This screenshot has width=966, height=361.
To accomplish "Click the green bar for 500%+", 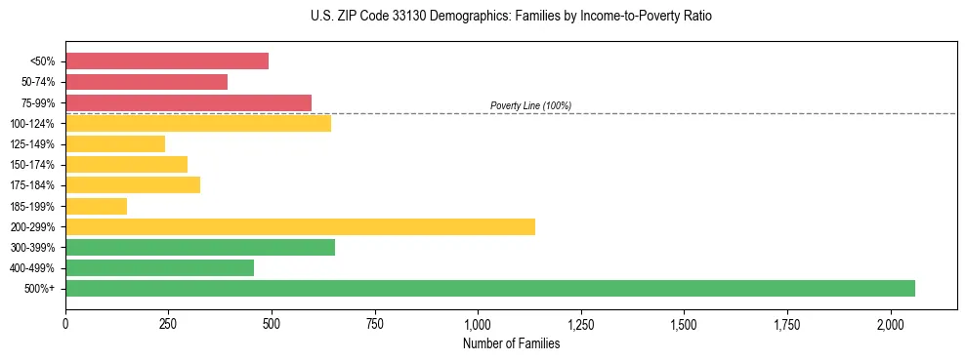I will click(x=489, y=288).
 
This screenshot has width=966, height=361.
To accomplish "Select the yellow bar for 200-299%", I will click(x=300, y=226).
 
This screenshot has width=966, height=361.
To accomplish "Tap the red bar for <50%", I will click(x=167, y=61).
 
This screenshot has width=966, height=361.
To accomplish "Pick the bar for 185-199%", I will click(x=96, y=206).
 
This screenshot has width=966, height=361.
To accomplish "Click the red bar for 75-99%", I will click(x=189, y=102).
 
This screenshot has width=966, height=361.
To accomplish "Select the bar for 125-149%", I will click(x=115, y=144).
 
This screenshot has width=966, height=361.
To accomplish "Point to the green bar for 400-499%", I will click(x=159, y=267).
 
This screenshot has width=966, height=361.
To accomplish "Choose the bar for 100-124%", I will click(x=198, y=123).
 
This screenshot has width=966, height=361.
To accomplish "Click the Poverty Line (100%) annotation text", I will click(x=530, y=105).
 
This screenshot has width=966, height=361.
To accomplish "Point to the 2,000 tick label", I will click(x=891, y=323).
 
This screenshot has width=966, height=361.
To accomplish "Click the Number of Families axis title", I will click(x=511, y=342).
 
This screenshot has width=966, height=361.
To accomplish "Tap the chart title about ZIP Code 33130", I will click(x=511, y=17).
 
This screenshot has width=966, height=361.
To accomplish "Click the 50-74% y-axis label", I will click(x=37, y=82).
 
